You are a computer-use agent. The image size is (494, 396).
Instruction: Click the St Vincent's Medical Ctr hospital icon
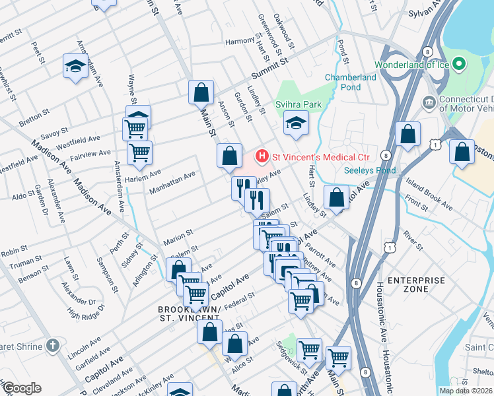262,157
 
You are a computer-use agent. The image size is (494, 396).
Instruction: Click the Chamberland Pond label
351,82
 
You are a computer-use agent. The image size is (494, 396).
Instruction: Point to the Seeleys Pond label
369,170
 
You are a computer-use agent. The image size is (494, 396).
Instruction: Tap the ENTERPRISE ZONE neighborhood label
416,284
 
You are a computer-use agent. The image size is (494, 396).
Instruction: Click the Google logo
21,388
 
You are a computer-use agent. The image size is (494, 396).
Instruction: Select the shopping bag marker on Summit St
201,93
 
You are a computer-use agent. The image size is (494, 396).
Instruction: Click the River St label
412,240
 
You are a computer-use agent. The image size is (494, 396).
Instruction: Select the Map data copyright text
466,391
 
